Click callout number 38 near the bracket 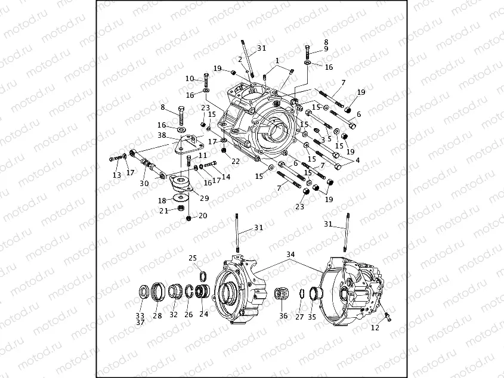[x=162, y=135]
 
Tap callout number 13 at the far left [x=117, y=175]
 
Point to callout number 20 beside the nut [x=203, y=216]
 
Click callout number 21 [x=163, y=210]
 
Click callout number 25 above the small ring [x=193, y=258]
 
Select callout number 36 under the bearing [x=283, y=316]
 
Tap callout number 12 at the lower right [x=375, y=328]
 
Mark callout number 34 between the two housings [x=290, y=255]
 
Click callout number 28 [x=157, y=315]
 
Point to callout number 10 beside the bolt [x=190, y=79]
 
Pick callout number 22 [x=236, y=161]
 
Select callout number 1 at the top [x=277, y=61]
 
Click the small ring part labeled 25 [x=203, y=275]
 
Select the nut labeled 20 [x=188, y=219]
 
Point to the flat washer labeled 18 [x=179, y=196]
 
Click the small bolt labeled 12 [x=388, y=316]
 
